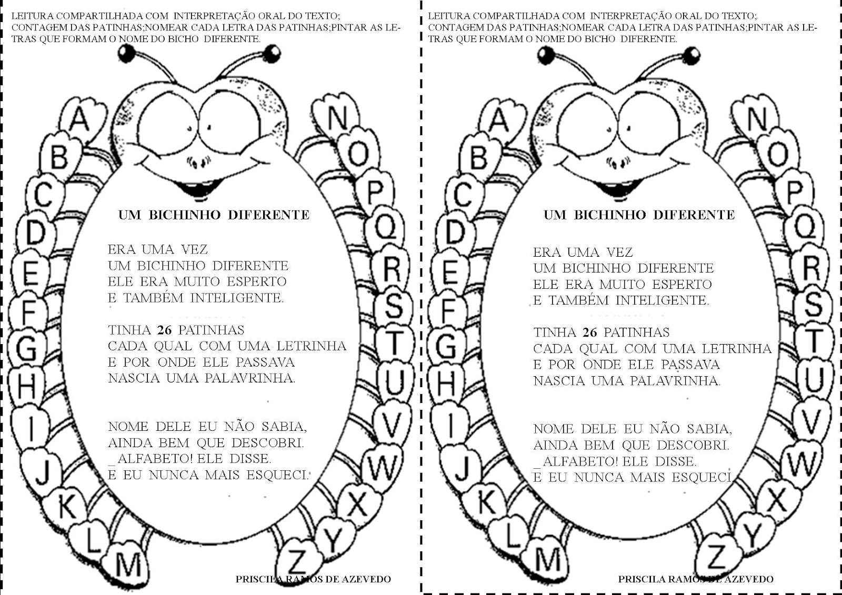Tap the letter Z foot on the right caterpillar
(716, 557)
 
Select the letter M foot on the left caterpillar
(128, 564)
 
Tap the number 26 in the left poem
(165, 330)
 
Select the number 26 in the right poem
(590, 332)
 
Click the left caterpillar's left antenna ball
(127, 52)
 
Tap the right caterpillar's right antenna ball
(693, 53)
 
